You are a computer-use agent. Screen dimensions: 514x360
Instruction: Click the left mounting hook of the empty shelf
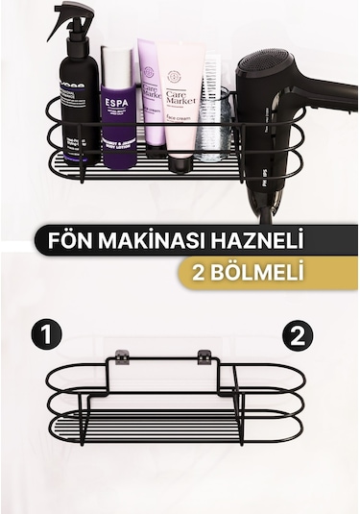click(119, 358)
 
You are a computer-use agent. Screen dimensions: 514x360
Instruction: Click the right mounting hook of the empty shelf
click(204, 358)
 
